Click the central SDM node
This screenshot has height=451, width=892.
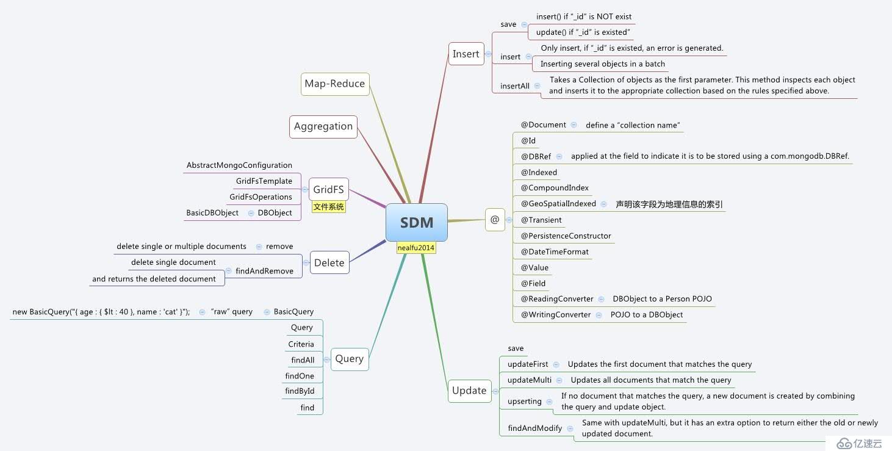(417, 222)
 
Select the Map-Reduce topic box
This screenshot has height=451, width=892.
(335, 84)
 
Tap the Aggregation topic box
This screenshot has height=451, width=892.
(323, 126)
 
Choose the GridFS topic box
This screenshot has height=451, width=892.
(328, 189)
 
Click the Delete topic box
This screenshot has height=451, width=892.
(329, 262)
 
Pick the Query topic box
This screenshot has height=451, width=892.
(349, 358)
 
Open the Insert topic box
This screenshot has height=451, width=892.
(466, 54)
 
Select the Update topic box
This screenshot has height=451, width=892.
(469, 391)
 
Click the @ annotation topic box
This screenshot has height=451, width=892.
(494, 220)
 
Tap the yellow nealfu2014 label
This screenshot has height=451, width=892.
(416, 248)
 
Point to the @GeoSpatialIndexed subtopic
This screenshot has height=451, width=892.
(558, 204)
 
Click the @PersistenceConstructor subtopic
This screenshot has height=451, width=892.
(566, 236)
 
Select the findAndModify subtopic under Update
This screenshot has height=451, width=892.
(535, 428)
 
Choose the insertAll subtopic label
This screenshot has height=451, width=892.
(515, 86)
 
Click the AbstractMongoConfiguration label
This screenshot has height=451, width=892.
(239, 165)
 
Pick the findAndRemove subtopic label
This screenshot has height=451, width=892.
(264, 271)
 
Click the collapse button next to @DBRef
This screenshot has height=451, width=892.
(559, 156)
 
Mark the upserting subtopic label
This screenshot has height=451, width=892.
(525, 402)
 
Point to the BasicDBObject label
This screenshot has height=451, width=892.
(212, 213)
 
